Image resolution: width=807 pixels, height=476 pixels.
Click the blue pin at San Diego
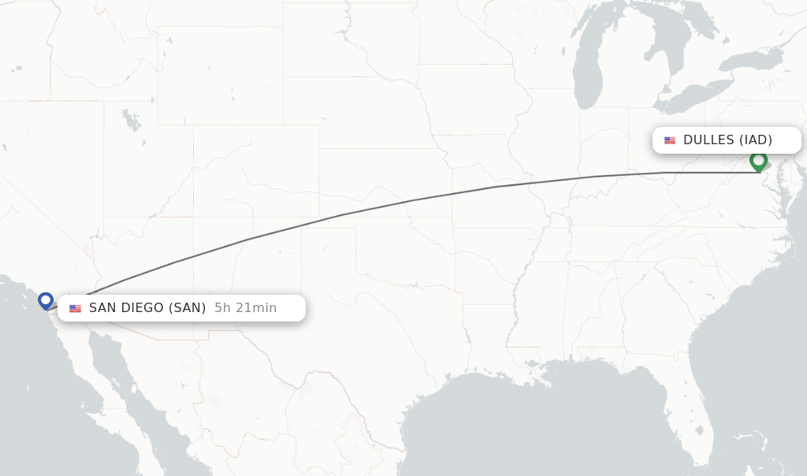(46, 300)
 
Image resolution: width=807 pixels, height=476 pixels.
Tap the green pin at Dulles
(758, 161)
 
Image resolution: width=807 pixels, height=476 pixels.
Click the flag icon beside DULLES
(670, 140)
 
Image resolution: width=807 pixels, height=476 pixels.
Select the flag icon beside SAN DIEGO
(75, 308)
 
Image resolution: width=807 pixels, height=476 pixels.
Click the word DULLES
(708, 140)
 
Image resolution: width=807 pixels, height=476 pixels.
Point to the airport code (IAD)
(755, 140)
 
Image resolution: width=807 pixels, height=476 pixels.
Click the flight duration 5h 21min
(245, 308)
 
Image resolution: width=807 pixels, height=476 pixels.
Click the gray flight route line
(410, 200)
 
